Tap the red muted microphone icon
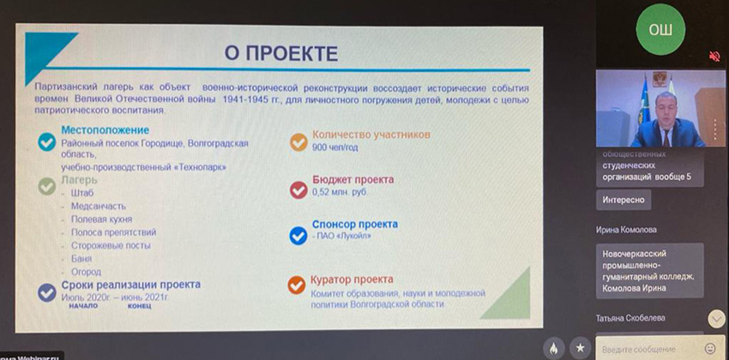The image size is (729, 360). tap(714, 57)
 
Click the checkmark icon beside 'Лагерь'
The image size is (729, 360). tap(46, 184)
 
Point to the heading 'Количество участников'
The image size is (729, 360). tap(371, 135)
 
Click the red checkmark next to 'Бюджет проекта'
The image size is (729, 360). tap(298, 189)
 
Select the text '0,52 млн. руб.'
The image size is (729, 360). tap(341, 193)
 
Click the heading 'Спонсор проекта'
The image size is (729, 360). tap(354, 224)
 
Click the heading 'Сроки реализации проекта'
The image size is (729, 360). tap(130, 285)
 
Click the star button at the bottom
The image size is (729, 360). tap(581, 348)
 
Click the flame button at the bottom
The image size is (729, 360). tap(554, 348)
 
